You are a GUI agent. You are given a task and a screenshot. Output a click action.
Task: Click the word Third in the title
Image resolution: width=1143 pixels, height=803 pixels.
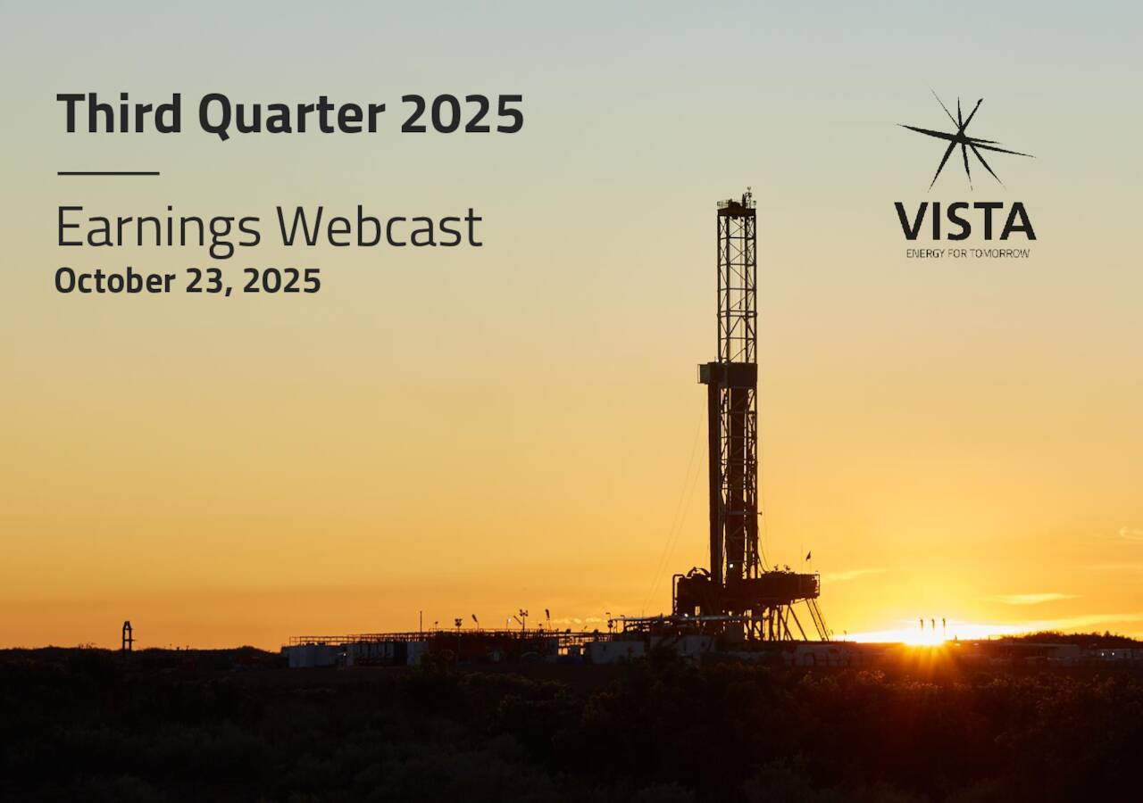point(119,114)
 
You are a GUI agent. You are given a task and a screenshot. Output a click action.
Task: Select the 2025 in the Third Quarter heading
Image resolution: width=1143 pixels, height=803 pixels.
point(461,114)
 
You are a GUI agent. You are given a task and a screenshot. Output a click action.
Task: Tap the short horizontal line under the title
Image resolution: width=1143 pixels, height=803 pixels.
point(108,173)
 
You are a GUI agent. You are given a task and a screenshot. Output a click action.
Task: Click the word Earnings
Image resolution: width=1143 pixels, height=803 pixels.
point(158,228)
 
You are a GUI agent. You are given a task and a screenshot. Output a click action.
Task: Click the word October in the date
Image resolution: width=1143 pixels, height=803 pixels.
point(114,281)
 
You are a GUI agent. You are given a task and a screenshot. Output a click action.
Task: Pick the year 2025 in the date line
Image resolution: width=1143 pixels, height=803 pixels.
point(281,281)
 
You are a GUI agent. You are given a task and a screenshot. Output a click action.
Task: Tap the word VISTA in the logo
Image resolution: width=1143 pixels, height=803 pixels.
point(965,221)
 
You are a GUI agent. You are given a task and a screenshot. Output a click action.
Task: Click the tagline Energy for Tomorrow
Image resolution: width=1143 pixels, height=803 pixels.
point(967,253)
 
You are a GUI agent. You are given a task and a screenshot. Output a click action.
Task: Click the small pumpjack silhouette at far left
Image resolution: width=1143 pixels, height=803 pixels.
point(128,635)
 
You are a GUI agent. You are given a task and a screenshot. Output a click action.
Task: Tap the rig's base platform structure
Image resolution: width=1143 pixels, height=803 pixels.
point(746,591)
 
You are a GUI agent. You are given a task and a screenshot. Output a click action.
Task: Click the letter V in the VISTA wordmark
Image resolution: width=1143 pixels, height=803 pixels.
point(912,221)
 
